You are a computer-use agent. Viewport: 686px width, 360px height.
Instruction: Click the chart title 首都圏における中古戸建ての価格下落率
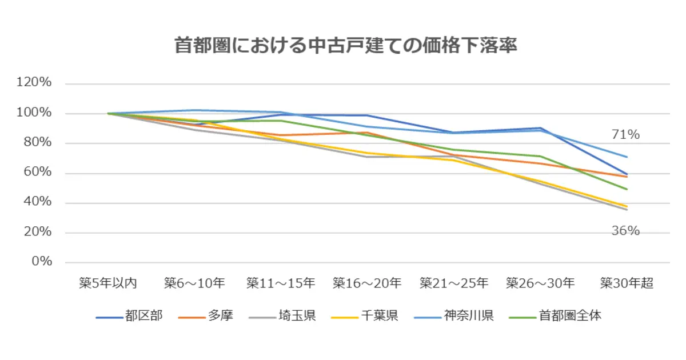345,46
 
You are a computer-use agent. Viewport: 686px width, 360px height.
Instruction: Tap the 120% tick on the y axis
35,83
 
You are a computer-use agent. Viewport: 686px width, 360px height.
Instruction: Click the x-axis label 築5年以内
107,283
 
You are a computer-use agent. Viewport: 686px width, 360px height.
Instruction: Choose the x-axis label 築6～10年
194,283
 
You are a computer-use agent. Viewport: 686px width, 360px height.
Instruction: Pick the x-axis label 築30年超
627,283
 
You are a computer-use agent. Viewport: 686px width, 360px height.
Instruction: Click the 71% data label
625,135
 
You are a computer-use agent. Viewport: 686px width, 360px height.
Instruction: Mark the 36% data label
625,231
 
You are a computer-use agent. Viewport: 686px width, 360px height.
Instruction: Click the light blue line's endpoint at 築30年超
627,157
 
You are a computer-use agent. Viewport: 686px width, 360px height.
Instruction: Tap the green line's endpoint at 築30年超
627,189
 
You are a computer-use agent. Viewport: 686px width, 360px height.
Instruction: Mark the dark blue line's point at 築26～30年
540,128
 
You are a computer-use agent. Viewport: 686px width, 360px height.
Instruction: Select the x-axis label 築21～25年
454,283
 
